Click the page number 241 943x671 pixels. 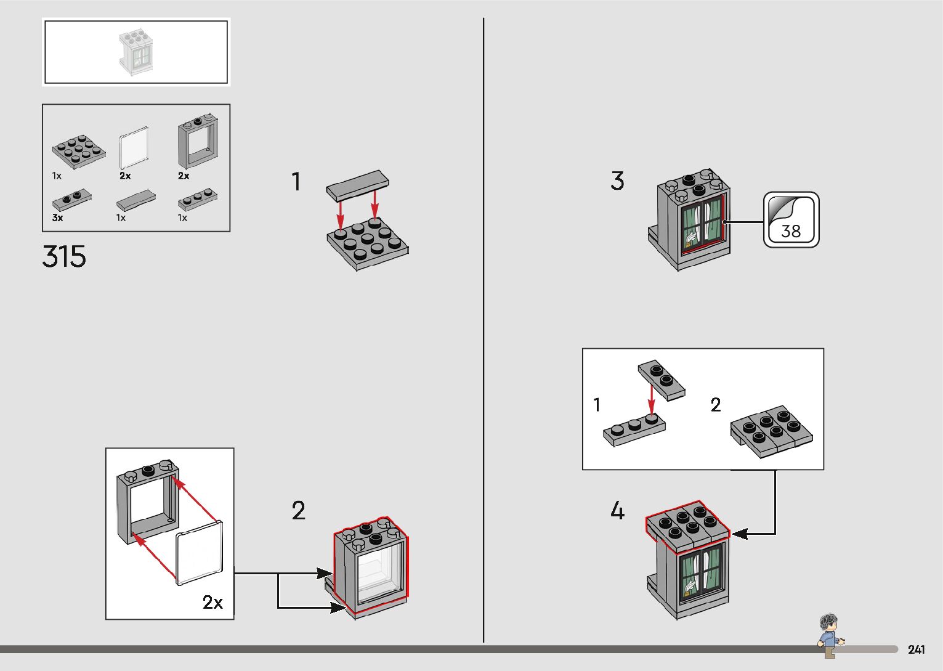(916, 649)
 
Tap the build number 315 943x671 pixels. (64, 256)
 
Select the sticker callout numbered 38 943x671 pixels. (791, 220)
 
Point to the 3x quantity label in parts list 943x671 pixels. (57, 218)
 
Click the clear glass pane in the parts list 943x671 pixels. (134, 148)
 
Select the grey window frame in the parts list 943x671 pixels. (198, 141)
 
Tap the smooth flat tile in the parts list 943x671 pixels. (136, 199)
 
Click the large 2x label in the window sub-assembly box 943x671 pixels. (212, 602)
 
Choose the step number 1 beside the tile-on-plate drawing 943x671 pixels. (296, 182)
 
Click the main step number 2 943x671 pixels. (298, 511)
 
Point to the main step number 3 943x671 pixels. (617, 181)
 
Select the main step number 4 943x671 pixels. (617, 511)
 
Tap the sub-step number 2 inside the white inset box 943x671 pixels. (715, 405)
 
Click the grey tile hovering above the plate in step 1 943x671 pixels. (358, 185)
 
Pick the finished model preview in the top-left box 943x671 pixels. (136, 52)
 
